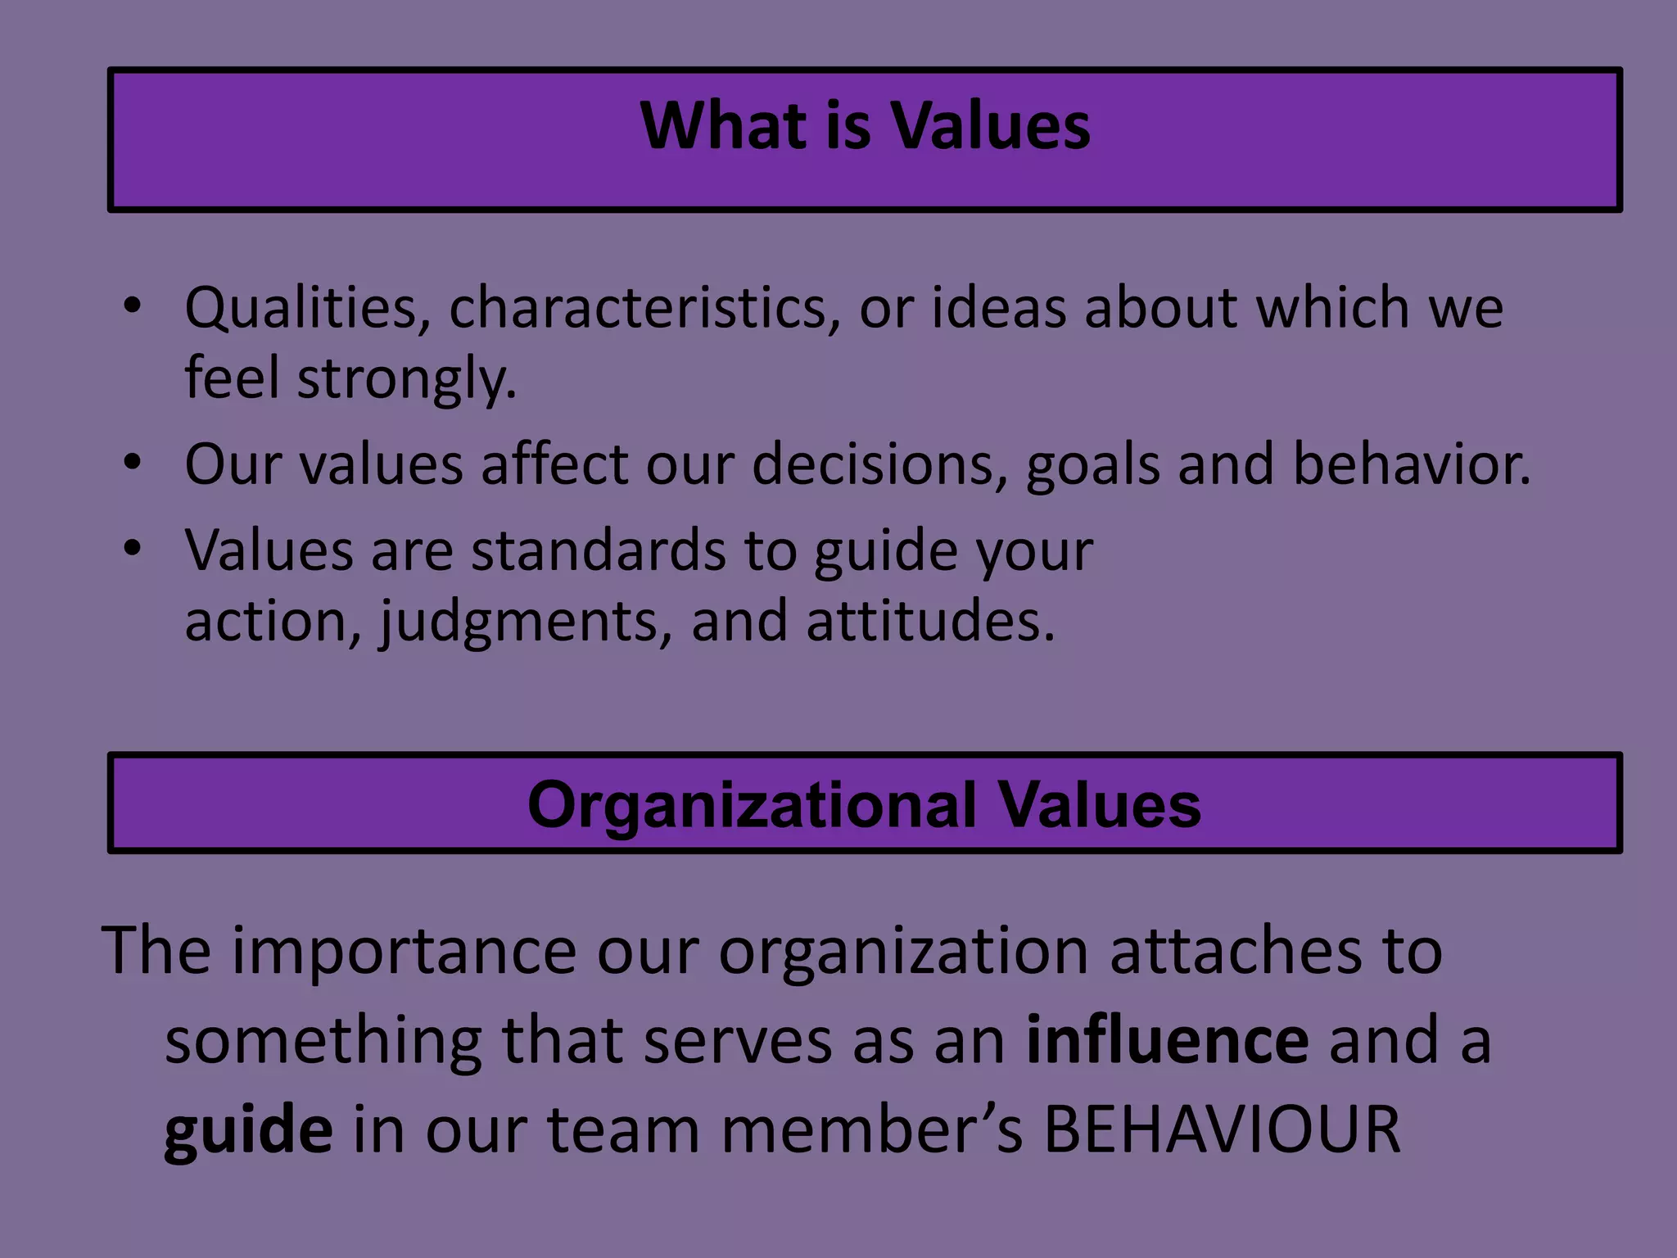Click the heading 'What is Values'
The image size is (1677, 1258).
point(865,126)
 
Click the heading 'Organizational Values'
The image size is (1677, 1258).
point(864,805)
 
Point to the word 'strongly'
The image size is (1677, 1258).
point(406,379)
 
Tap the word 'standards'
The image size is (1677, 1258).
point(598,550)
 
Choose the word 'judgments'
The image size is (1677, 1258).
point(525,622)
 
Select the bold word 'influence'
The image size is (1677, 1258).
point(1167,1040)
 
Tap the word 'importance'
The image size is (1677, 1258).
point(405,951)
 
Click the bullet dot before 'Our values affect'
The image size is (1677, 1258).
point(133,464)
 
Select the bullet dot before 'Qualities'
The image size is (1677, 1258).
point(133,308)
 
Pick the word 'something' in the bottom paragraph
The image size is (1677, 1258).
point(323,1040)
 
